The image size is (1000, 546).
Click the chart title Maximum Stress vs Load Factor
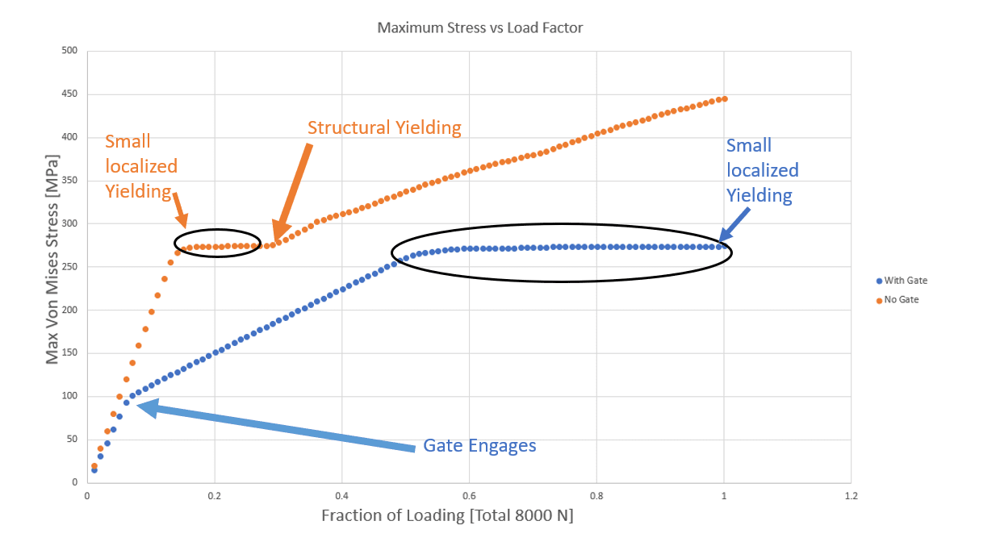480,27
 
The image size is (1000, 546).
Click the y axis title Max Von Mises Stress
52,266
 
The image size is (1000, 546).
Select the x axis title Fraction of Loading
447,515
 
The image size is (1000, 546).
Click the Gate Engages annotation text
479,446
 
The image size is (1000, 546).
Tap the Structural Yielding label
384,127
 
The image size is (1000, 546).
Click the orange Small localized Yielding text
141,167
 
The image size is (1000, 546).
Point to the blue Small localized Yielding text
762,170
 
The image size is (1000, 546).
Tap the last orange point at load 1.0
724,99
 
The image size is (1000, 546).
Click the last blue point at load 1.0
723,246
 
